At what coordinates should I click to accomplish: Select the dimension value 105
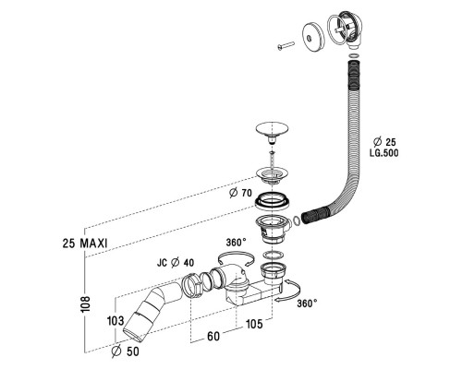click(254, 323)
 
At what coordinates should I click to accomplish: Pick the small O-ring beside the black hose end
click(296, 219)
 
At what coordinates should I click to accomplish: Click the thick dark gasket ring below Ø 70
click(274, 200)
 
